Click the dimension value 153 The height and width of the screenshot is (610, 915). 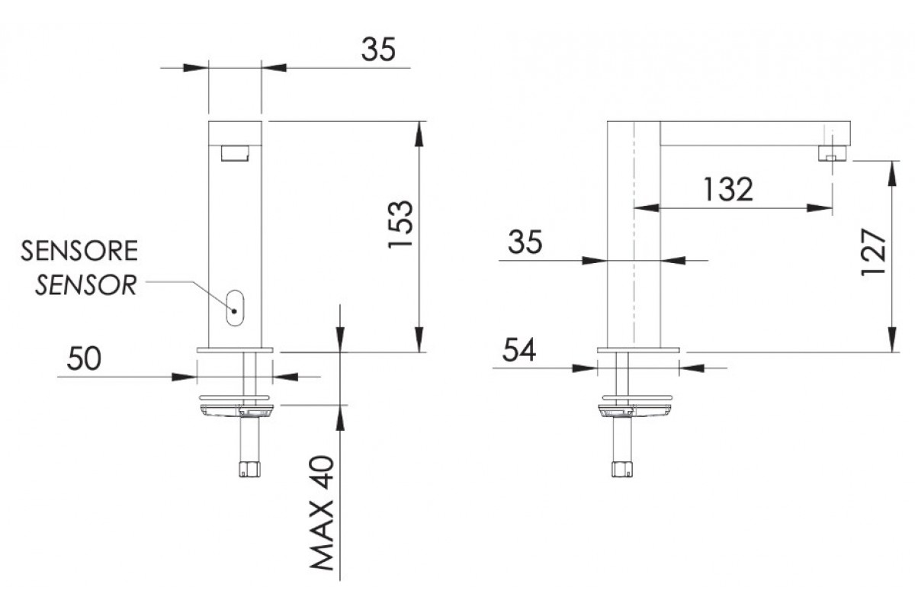(400, 224)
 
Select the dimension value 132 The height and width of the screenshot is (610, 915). (728, 189)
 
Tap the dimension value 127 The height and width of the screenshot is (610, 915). (873, 252)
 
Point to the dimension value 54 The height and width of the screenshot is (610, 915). (518, 350)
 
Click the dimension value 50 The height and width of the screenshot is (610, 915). (84, 358)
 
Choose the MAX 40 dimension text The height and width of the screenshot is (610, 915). (323, 512)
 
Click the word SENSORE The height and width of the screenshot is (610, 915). (79, 250)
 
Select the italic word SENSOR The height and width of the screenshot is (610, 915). (85, 284)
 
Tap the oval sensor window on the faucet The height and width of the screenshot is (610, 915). (235, 308)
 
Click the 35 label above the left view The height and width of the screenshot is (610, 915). (378, 50)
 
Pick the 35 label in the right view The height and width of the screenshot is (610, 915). (525, 242)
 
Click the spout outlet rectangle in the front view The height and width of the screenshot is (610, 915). (235, 153)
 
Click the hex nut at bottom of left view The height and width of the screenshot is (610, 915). (249, 469)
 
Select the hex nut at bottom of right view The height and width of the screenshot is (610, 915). (622, 469)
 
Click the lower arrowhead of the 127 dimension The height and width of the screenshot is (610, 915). (893, 339)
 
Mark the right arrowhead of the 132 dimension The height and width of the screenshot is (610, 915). (820, 208)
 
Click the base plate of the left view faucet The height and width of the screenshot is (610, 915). (235, 350)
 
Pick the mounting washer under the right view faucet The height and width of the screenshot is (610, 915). (637, 397)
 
